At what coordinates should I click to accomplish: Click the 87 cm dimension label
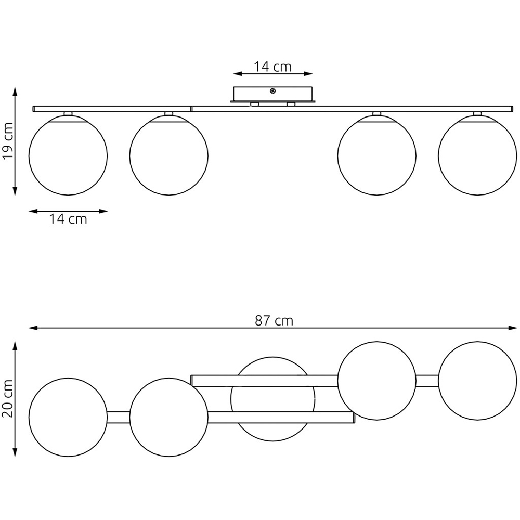click(274, 321)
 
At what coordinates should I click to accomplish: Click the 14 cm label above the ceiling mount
click(272, 67)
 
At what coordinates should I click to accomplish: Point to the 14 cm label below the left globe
click(68, 219)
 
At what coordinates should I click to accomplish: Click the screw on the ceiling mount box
click(273, 90)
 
